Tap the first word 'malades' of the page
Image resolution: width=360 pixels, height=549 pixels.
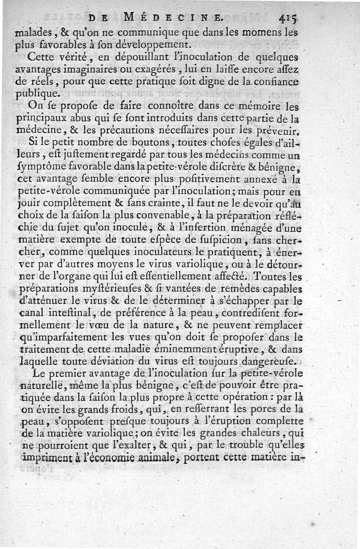pyautogui.click(x=30, y=33)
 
